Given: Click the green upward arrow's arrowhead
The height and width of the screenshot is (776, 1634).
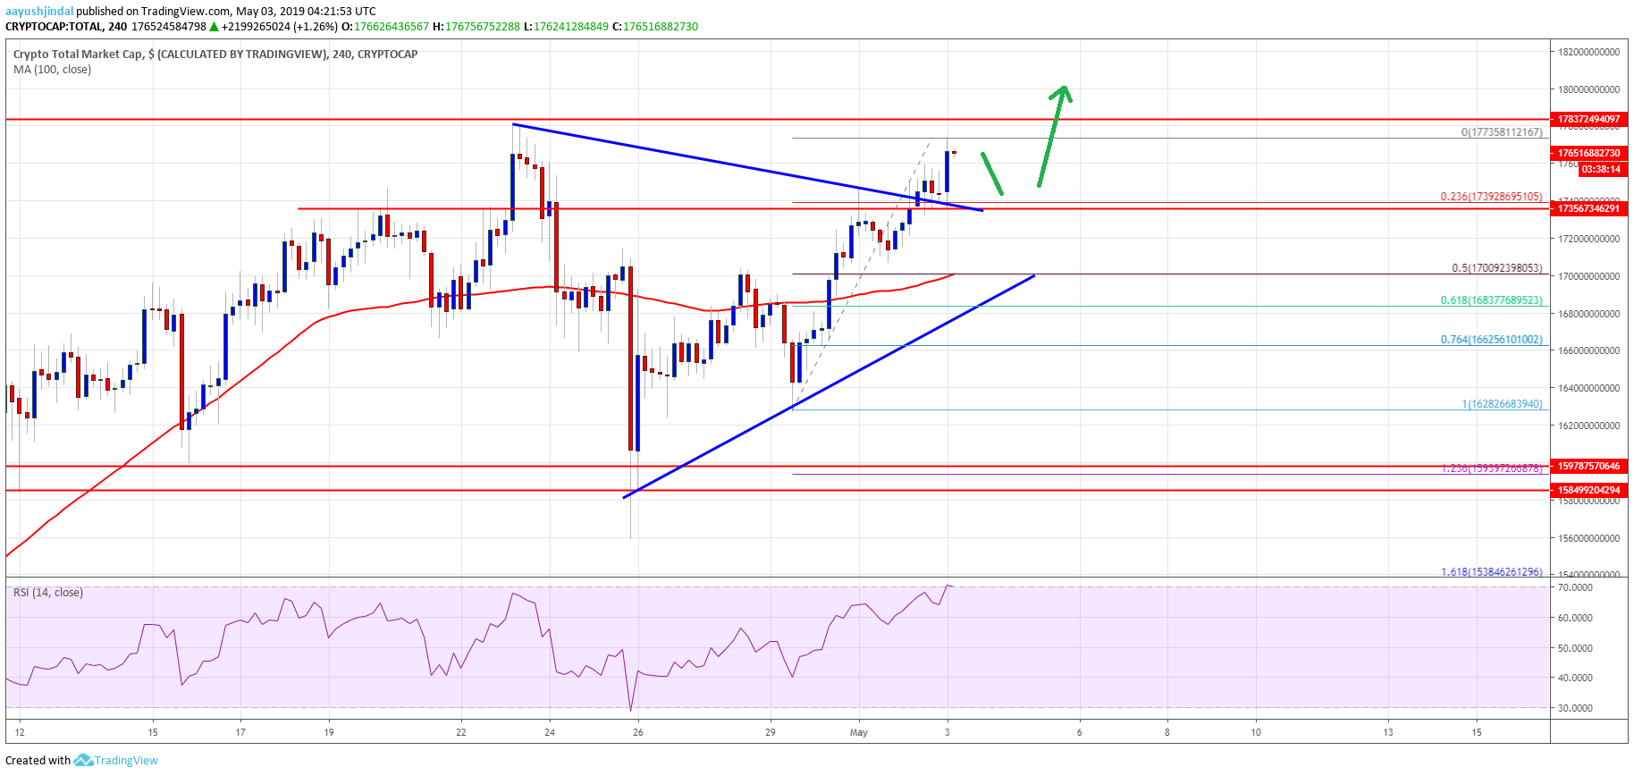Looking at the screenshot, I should point(1062,91).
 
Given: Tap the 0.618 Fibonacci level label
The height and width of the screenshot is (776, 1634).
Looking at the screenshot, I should point(1490,300).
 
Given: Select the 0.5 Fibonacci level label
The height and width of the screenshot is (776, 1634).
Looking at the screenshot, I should point(1496,268).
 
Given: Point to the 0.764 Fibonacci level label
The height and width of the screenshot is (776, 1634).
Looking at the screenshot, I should point(1490,340).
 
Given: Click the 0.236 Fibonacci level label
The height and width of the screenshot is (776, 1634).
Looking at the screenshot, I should point(1490,197).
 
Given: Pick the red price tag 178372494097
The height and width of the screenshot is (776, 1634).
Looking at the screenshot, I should point(1588,119).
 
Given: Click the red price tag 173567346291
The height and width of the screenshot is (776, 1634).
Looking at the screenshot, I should point(1588,208).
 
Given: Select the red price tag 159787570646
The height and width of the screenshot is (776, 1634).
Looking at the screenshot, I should point(1588,466).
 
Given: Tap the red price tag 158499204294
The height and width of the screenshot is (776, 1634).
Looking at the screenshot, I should point(1588,490).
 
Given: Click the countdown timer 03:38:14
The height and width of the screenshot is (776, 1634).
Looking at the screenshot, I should point(1600,169).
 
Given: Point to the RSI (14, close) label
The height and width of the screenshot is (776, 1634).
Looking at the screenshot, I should point(48,593).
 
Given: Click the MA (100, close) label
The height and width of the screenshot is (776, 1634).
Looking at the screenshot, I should point(52,70).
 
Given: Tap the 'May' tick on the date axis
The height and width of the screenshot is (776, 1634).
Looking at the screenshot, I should point(858,733).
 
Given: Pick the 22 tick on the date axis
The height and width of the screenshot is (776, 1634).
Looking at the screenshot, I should point(460,733).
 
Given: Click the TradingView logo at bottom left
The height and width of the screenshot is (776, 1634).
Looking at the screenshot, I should point(116,761).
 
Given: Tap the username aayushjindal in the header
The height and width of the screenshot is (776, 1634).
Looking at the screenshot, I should point(39,12).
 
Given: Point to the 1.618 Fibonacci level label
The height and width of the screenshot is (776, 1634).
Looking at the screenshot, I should point(1490,572).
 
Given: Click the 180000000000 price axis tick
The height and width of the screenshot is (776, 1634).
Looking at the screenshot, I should point(1588,89).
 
